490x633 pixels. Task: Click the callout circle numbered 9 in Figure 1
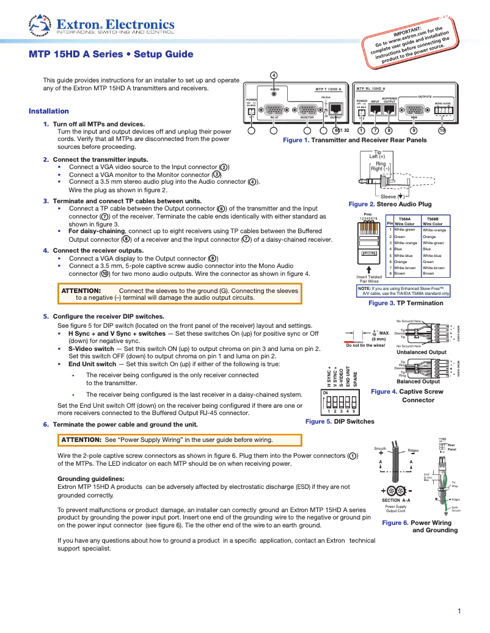tap(414, 130)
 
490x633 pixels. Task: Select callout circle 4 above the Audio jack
tap(274, 75)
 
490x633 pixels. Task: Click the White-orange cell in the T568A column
tap(404, 243)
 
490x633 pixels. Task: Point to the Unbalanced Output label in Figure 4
tap(422, 352)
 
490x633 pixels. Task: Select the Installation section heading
tap(49, 111)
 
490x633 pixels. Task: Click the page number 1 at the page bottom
tap(459, 612)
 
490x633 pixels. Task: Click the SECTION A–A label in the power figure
tap(395, 500)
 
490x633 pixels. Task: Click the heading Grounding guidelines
tap(90, 479)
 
